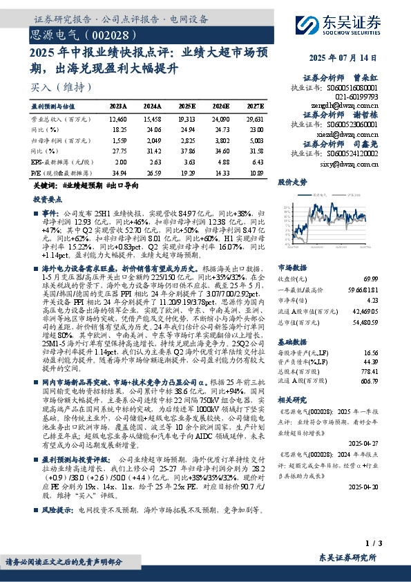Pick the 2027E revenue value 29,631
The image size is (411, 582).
(x=253, y=120)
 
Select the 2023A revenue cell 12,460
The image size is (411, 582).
(x=118, y=120)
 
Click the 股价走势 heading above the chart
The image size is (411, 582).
(x=291, y=183)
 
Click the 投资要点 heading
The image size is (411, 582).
(x=48, y=198)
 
